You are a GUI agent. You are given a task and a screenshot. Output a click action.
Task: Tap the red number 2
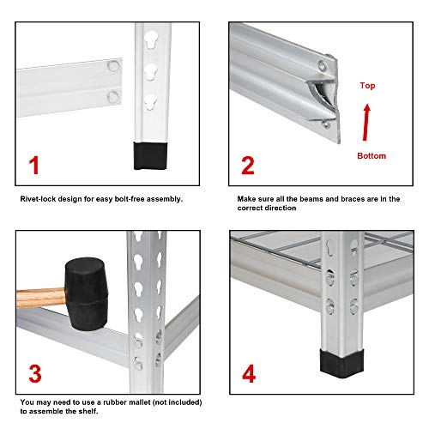pyautogui.click(x=247, y=165)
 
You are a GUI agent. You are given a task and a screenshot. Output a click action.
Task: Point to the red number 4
pyautogui.click(x=247, y=373)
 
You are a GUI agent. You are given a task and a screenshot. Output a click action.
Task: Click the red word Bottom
pyautogui.click(x=372, y=155)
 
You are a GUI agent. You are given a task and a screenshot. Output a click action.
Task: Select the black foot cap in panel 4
pyautogui.click(x=337, y=362)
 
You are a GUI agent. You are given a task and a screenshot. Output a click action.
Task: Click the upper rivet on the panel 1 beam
pyautogui.click(x=112, y=64)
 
